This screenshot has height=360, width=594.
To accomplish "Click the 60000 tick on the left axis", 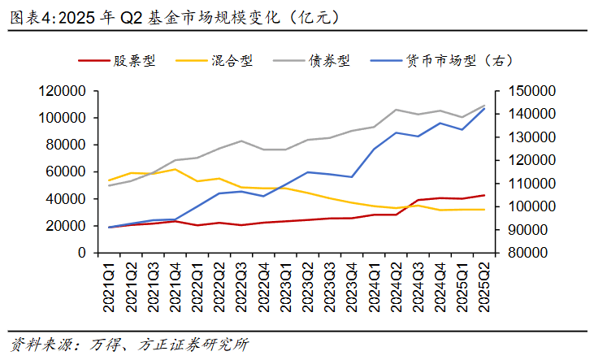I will pos(69,172).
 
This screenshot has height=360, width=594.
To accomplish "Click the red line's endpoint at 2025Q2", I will pos(485,195).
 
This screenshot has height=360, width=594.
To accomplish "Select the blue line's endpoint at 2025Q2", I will pos(485,108).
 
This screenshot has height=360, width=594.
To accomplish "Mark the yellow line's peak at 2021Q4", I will pos(176,169).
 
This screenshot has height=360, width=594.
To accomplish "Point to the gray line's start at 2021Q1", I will pos(109,185).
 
